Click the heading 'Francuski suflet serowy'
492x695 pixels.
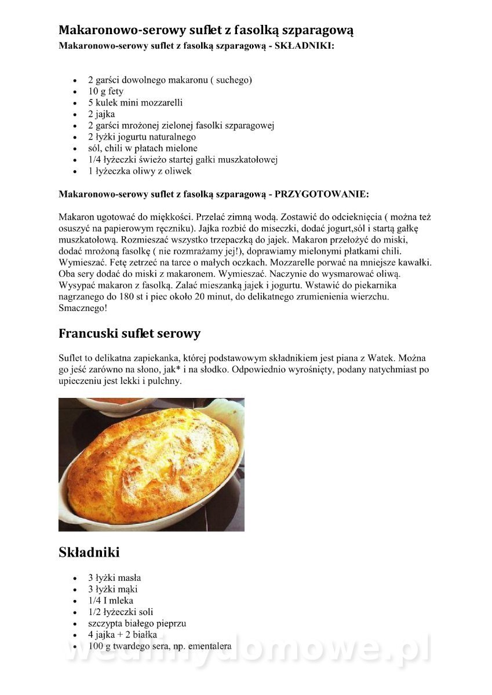point(129,334)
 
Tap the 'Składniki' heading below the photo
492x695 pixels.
point(89,553)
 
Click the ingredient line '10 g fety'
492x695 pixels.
point(105,92)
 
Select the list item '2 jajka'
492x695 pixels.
point(101,114)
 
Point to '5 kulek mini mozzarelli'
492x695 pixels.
point(135,103)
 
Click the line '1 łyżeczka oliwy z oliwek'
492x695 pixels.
point(140,171)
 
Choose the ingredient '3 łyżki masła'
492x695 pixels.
point(114,577)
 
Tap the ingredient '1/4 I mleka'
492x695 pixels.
point(110,601)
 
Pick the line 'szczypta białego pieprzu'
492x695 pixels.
point(137,623)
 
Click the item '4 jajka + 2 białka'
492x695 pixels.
point(122,635)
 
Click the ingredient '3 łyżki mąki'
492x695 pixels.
point(113,589)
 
